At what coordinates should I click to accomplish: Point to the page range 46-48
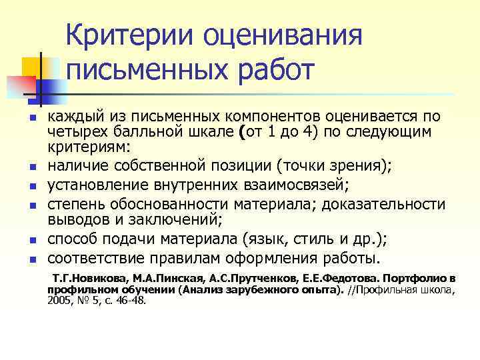click(129, 301)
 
